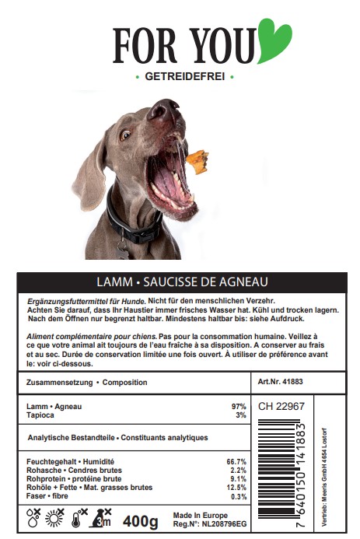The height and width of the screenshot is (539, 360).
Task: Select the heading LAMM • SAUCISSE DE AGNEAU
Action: tap(181, 281)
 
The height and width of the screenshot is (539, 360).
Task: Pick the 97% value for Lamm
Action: tap(239, 407)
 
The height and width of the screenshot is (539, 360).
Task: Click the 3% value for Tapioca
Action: tap(240, 416)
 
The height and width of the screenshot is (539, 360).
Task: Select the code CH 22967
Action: tap(281, 406)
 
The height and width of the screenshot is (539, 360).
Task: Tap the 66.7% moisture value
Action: tap(236, 462)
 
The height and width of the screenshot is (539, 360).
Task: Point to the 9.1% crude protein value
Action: tap(238, 479)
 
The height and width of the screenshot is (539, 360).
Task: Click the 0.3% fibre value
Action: tap(238, 496)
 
